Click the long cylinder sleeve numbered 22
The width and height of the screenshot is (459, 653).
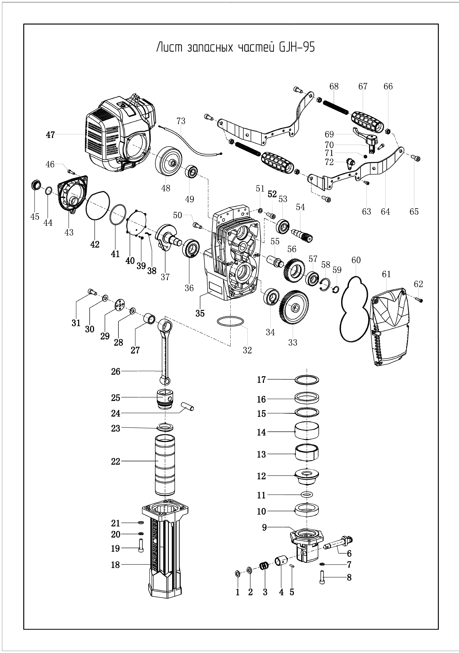click(x=165, y=469)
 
